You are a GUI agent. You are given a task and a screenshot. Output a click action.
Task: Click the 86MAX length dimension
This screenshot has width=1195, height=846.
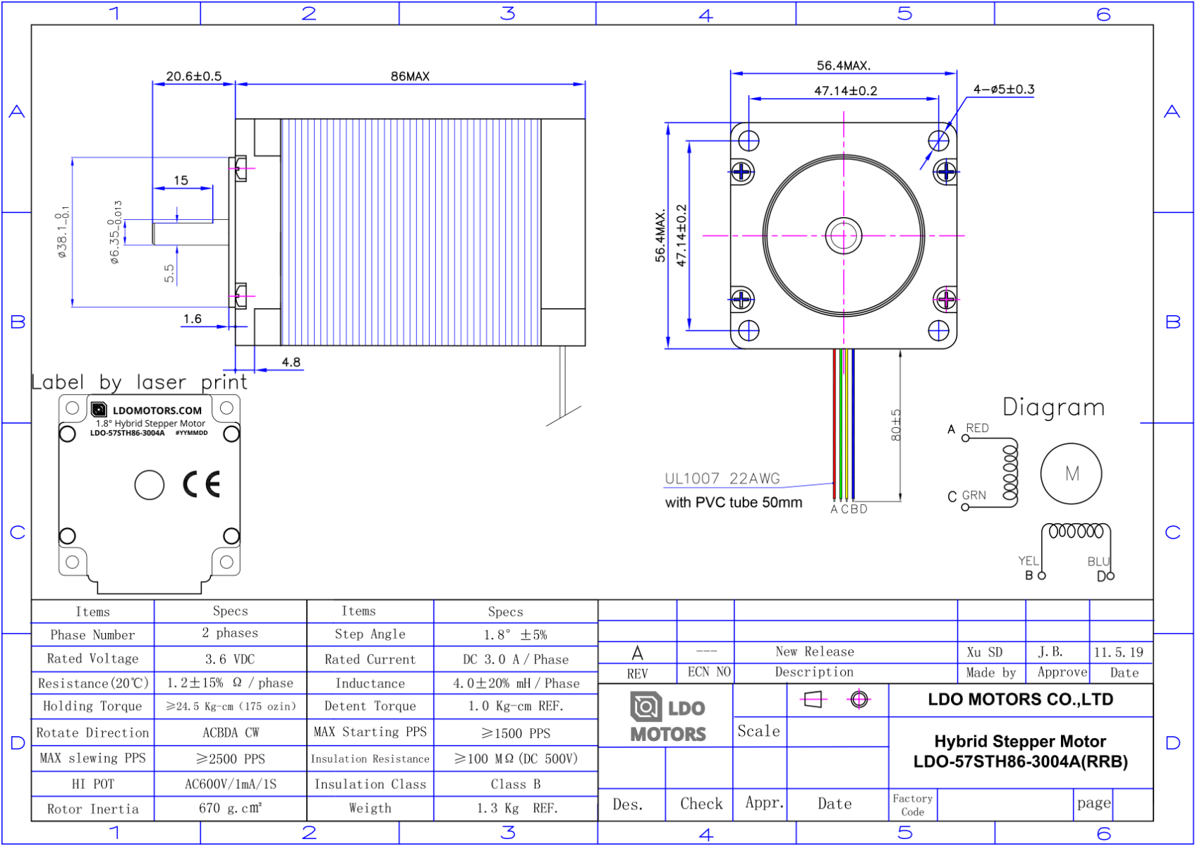(410, 76)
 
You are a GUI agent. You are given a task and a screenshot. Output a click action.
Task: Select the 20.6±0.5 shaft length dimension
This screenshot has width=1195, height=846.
(193, 76)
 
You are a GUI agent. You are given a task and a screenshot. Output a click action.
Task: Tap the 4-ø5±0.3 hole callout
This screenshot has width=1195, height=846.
(1003, 90)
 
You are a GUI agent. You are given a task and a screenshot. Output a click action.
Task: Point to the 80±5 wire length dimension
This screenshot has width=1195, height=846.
(896, 425)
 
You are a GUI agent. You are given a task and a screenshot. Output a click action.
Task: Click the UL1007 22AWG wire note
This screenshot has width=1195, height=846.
(722, 479)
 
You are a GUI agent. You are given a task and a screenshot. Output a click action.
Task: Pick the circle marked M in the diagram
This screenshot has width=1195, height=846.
(1071, 474)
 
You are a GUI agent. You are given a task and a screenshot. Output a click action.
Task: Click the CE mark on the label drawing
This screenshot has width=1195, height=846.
(202, 484)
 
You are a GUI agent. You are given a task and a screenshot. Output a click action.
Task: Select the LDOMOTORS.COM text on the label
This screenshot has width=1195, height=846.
(157, 410)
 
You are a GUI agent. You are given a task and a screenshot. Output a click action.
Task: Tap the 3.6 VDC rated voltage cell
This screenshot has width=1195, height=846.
(230, 659)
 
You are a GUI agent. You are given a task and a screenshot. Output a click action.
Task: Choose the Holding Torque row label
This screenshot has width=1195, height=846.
(92, 706)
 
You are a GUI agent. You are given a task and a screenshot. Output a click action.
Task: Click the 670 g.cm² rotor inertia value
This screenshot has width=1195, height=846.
(230, 808)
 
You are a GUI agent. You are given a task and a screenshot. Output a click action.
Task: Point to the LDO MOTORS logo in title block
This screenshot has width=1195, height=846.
(667, 717)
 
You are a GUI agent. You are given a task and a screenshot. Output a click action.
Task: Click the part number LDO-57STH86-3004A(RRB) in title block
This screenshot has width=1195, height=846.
(1020, 762)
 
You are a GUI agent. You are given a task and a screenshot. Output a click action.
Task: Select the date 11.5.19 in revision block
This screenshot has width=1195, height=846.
(1118, 652)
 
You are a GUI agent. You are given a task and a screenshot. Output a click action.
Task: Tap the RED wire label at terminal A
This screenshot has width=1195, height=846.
(977, 428)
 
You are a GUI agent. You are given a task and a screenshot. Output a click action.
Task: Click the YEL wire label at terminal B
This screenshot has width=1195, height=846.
(1028, 560)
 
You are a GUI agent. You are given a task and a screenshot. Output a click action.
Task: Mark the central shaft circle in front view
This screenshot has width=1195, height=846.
(844, 235)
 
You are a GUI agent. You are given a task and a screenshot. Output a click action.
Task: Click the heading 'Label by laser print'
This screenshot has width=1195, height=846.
(139, 382)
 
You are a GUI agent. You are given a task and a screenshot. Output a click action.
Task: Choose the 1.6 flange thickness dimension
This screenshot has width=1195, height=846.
(193, 319)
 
